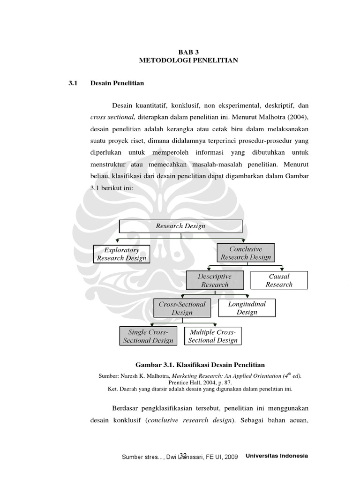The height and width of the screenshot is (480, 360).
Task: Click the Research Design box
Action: click(x=180, y=226)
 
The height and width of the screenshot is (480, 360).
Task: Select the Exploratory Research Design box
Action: click(x=122, y=254)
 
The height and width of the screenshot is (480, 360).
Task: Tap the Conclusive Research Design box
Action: click(x=246, y=253)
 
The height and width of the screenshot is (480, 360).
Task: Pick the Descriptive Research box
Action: click(x=215, y=280)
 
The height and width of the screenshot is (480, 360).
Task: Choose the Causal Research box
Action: click(x=279, y=280)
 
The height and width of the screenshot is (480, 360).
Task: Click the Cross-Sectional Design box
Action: click(x=182, y=308)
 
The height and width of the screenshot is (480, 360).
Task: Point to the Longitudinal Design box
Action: click(x=247, y=308)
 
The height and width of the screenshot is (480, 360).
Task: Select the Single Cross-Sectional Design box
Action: click(x=148, y=336)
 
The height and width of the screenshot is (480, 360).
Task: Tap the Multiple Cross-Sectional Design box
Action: click(x=213, y=336)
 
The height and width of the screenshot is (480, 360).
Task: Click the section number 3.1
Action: click(x=72, y=83)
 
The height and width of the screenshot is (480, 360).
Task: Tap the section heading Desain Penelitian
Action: click(x=117, y=83)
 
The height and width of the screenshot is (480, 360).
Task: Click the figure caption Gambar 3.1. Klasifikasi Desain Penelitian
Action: click(x=200, y=365)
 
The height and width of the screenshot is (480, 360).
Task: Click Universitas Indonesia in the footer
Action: click(x=277, y=456)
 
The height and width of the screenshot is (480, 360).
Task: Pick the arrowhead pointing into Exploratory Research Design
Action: click(x=122, y=243)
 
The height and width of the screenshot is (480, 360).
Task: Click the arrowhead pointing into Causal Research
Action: click(x=281, y=270)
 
